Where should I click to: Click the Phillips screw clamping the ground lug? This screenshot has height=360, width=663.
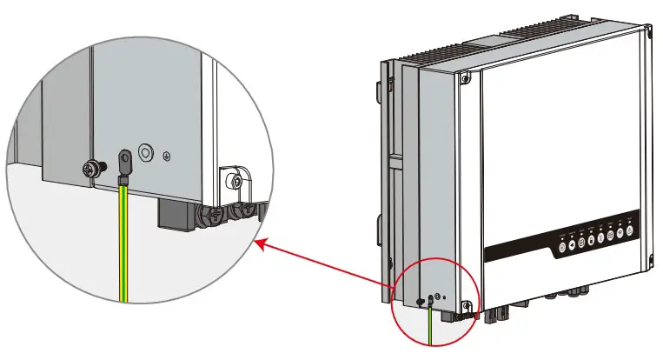click(89, 166)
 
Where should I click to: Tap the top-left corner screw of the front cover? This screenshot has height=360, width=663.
click(469, 77)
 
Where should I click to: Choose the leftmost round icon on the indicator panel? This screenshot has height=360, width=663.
click(562, 246)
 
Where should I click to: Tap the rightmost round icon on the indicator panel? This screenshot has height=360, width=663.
click(632, 230)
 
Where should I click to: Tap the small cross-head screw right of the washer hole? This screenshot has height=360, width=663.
click(167, 157)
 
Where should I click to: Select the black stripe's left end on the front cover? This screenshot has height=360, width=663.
click(489, 258)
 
